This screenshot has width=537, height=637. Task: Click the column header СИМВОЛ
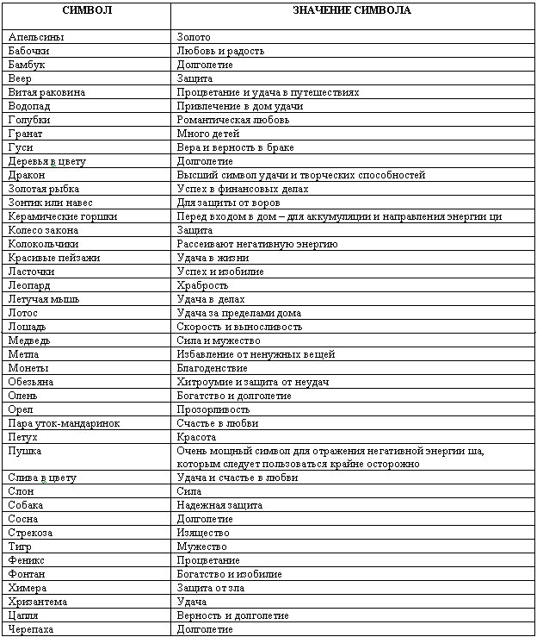pyautogui.click(x=86, y=11)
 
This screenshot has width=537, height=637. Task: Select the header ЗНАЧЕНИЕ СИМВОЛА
pyautogui.click(x=354, y=11)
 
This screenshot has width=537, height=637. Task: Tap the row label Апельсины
pyautogui.click(x=35, y=38)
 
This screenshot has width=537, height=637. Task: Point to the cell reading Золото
pyautogui.click(x=194, y=38)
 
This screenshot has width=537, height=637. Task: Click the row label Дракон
pyautogui.click(x=26, y=175)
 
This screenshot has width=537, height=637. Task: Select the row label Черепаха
pyautogui.click(x=31, y=629)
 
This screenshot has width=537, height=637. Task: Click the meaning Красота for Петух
pyautogui.click(x=196, y=437)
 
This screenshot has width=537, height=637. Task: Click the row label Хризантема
pyautogui.click(x=38, y=602)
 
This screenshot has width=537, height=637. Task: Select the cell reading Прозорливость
pyautogui.click(x=213, y=409)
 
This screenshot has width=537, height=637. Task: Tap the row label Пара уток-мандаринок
pyautogui.click(x=64, y=423)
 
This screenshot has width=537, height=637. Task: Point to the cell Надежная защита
pyautogui.click(x=219, y=505)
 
